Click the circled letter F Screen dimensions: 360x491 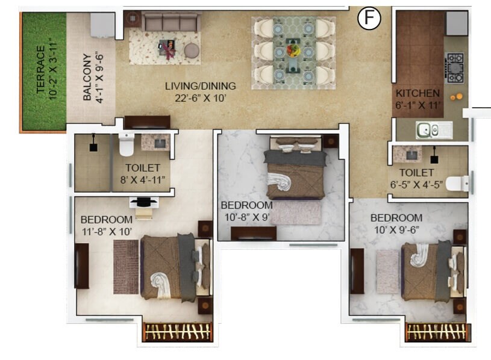pos(370,19)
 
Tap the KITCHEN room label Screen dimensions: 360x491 pos(418,94)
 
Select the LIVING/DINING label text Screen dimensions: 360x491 pos(200,86)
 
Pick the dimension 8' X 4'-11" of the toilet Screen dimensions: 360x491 pos(143,179)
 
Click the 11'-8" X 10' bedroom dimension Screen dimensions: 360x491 pos(106,231)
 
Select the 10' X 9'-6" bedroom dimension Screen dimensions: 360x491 pos(396,229)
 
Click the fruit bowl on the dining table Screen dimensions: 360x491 pos(293,48)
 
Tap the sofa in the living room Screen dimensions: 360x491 pos(171,23)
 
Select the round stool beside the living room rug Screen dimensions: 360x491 pos(192,50)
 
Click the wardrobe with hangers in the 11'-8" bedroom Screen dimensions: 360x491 pos(178,332)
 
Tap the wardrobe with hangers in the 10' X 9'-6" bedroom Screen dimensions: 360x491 pos(437,332)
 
